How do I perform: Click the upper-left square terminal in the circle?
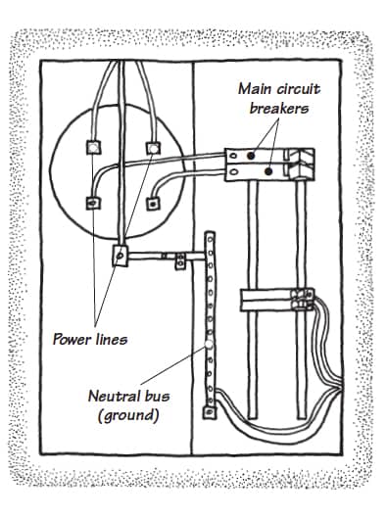[x=93, y=148]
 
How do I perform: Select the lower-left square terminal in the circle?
[x=91, y=205]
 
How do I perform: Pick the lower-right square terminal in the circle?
[x=153, y=205]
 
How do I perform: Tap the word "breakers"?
[x=279, y=108]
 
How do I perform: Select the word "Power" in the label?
[x=73, y=340]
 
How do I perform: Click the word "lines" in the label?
[x=113, y=340]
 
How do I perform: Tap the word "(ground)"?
[x=126, y=415]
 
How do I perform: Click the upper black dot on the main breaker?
[x=253, y=154]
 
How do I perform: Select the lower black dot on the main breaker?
[x=268, y=169]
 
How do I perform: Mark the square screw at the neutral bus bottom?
[x=209, y=414]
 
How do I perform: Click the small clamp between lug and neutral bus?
[x=179, y=259]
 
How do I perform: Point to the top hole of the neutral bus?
[x=209, y=240]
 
